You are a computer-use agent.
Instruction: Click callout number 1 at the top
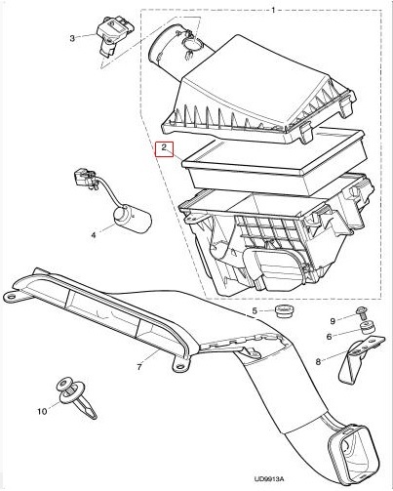273,9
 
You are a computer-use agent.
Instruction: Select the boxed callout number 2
165,148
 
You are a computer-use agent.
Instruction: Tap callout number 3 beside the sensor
71,38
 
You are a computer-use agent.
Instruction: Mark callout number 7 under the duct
139,367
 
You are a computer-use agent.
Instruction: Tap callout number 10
41,412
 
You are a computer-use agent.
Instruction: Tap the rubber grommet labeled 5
285,311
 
